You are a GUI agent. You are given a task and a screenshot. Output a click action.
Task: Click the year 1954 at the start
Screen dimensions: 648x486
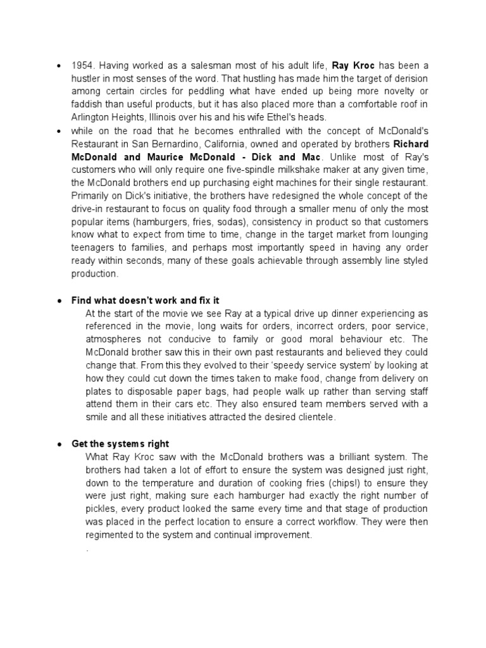click(x=82, y=66)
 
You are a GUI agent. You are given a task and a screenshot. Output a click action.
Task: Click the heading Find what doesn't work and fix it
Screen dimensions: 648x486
click(x=145, y=300)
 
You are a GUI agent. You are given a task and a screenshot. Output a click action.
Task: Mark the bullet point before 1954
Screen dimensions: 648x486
click(x=59, y=66)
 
